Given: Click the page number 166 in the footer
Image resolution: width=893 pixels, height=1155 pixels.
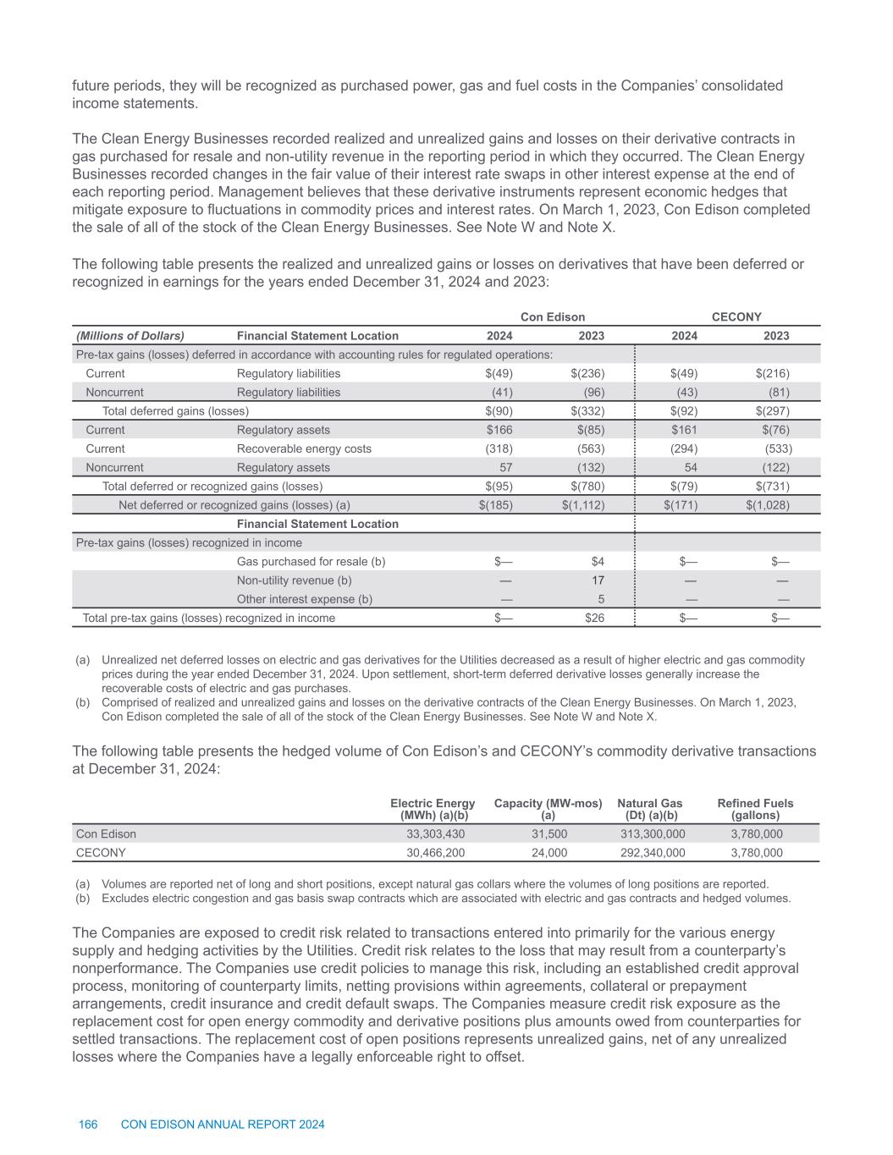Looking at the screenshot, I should point(88,1125).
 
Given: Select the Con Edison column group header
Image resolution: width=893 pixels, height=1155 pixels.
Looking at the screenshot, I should point(552,317).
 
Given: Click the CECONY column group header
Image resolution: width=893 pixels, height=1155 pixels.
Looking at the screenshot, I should point(736,317).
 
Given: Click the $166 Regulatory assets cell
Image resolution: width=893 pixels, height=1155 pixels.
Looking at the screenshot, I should point(499,430).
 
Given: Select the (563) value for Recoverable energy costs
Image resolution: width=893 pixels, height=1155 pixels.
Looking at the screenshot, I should point(590,448).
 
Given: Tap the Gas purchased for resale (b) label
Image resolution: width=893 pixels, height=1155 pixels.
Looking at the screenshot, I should point(311,561).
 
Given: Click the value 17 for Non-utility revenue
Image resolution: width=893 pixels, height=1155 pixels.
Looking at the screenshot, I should point(598,580).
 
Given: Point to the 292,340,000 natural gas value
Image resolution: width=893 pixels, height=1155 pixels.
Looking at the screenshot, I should point(653,853).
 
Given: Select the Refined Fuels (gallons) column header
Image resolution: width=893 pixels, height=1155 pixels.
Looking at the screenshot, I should point(755,809).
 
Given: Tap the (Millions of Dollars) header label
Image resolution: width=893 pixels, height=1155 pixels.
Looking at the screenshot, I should point(130,336).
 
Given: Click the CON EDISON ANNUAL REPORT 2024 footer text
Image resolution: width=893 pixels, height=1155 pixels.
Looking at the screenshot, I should point(223,1125).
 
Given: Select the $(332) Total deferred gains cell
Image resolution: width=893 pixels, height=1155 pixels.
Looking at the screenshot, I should point(587,411).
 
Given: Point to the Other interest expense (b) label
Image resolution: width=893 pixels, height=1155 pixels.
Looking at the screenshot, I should point(304,599).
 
